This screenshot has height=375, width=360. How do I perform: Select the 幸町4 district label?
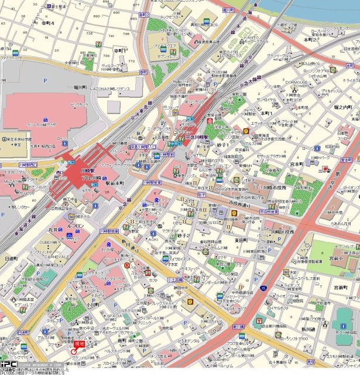[x=47, y=23]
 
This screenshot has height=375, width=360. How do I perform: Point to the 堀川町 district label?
[x=80, y=87]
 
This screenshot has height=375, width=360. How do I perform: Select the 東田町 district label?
[x=241, y=240]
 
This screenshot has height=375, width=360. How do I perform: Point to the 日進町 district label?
[x=11, y=258]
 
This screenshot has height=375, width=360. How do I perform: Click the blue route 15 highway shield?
[x=263, y=288]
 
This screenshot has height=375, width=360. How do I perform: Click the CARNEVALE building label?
[x=44, y=256]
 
